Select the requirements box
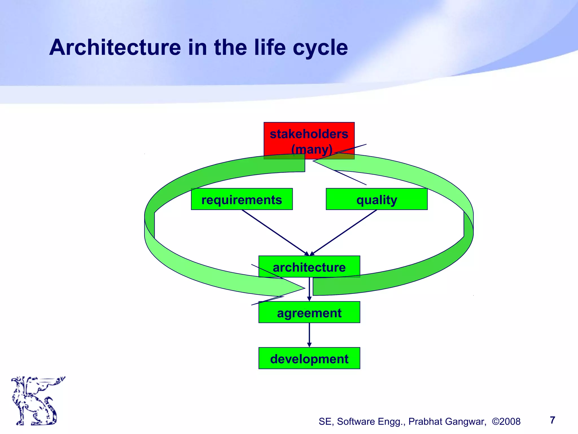click(242, 199)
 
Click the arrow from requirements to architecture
click(275, 233)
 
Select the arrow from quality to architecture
click(344, 233)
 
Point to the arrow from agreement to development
click(309, 335)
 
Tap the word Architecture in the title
click(115, 47)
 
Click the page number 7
click(552, 420)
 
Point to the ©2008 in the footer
click(506, 422)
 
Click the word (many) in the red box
click(312, 149)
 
